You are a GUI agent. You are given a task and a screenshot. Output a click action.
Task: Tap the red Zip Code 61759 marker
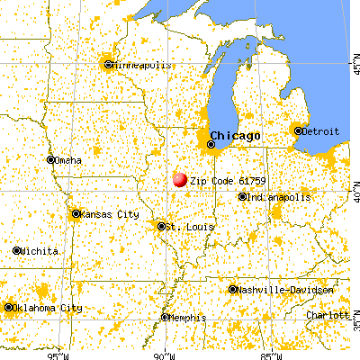(180, 180)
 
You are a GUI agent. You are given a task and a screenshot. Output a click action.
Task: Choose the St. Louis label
(191, 227)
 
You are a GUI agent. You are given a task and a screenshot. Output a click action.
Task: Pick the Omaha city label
(67, 160)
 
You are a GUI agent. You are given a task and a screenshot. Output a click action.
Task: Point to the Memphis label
(186, 317)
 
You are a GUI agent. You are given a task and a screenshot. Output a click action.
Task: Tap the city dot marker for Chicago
(211, 144)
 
